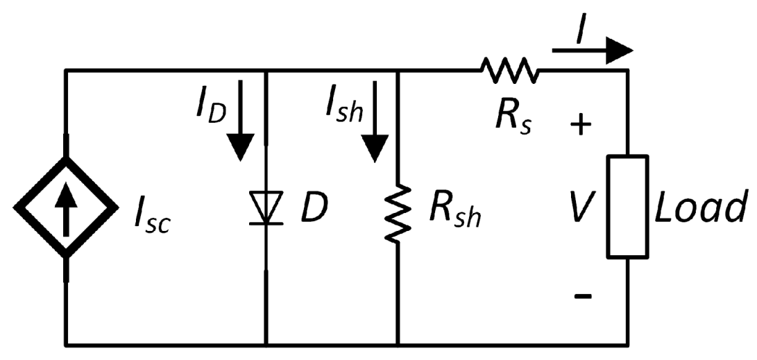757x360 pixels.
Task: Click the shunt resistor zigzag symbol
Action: click(398, 214)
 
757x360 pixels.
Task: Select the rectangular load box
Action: click(628, 207)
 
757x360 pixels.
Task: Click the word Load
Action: click(701, 207)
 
